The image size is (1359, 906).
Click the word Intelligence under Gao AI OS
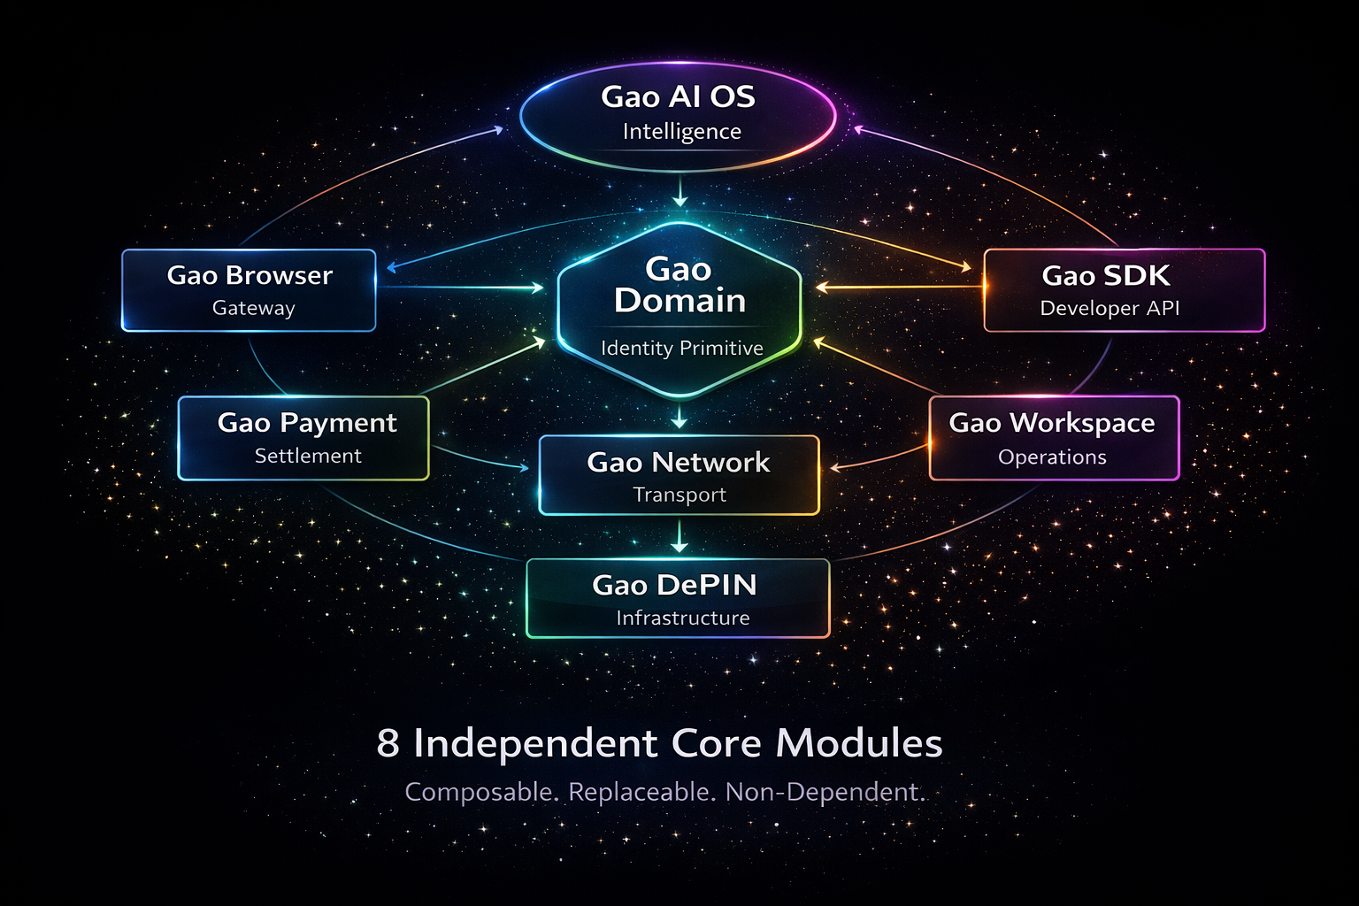tap(681, 132)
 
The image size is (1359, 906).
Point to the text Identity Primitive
tap(681, 349)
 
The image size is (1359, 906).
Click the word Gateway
tap(253, 309)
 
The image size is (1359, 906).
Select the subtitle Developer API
tap(1109, 309)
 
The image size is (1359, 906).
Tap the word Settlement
tap(308, 457)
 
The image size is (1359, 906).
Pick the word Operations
tap(1052, 457)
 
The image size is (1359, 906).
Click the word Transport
tap(679, 495)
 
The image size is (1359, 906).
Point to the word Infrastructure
tap(682, 618)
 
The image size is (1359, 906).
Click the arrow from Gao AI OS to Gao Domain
tap(679, 191)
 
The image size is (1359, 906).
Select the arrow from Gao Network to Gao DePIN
tap(679, 536)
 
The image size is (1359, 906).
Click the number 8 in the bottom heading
tap(388, 743)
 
